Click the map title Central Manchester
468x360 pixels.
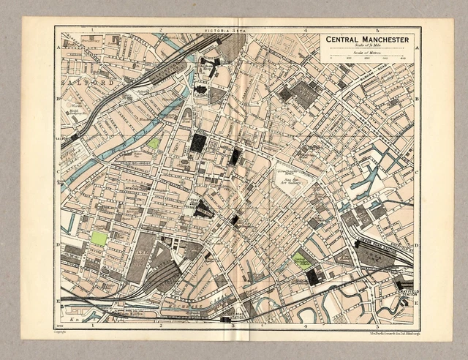point(369,39)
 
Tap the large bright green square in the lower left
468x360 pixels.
point(99,238)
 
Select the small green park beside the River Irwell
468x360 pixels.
point(153,143)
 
